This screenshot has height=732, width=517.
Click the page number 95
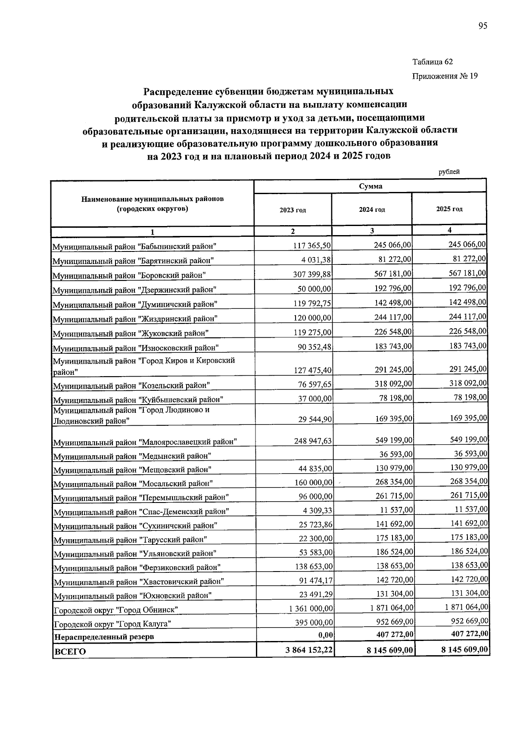[483, 26]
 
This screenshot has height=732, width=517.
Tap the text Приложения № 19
[445, 76]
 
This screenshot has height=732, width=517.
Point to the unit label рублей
[449, 172]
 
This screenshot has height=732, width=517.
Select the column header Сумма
[371, 186]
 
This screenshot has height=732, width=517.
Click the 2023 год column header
[293, 210]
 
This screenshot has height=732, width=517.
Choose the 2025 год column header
[449, 209]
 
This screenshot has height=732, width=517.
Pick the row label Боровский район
[129, 275]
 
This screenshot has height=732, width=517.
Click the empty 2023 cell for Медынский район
[295, 454]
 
